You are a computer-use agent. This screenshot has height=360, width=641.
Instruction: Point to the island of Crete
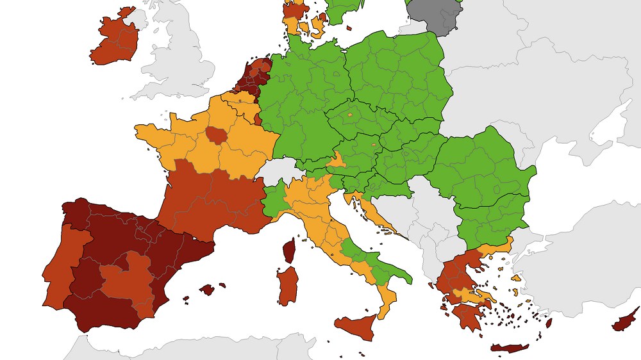[x=510, y=348]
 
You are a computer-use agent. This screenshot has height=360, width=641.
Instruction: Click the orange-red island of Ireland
[x=115, y=42]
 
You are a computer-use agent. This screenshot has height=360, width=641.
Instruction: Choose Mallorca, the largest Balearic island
[x=207, y=290]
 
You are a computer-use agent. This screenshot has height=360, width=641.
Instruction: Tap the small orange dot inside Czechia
[x=350, y=115]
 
